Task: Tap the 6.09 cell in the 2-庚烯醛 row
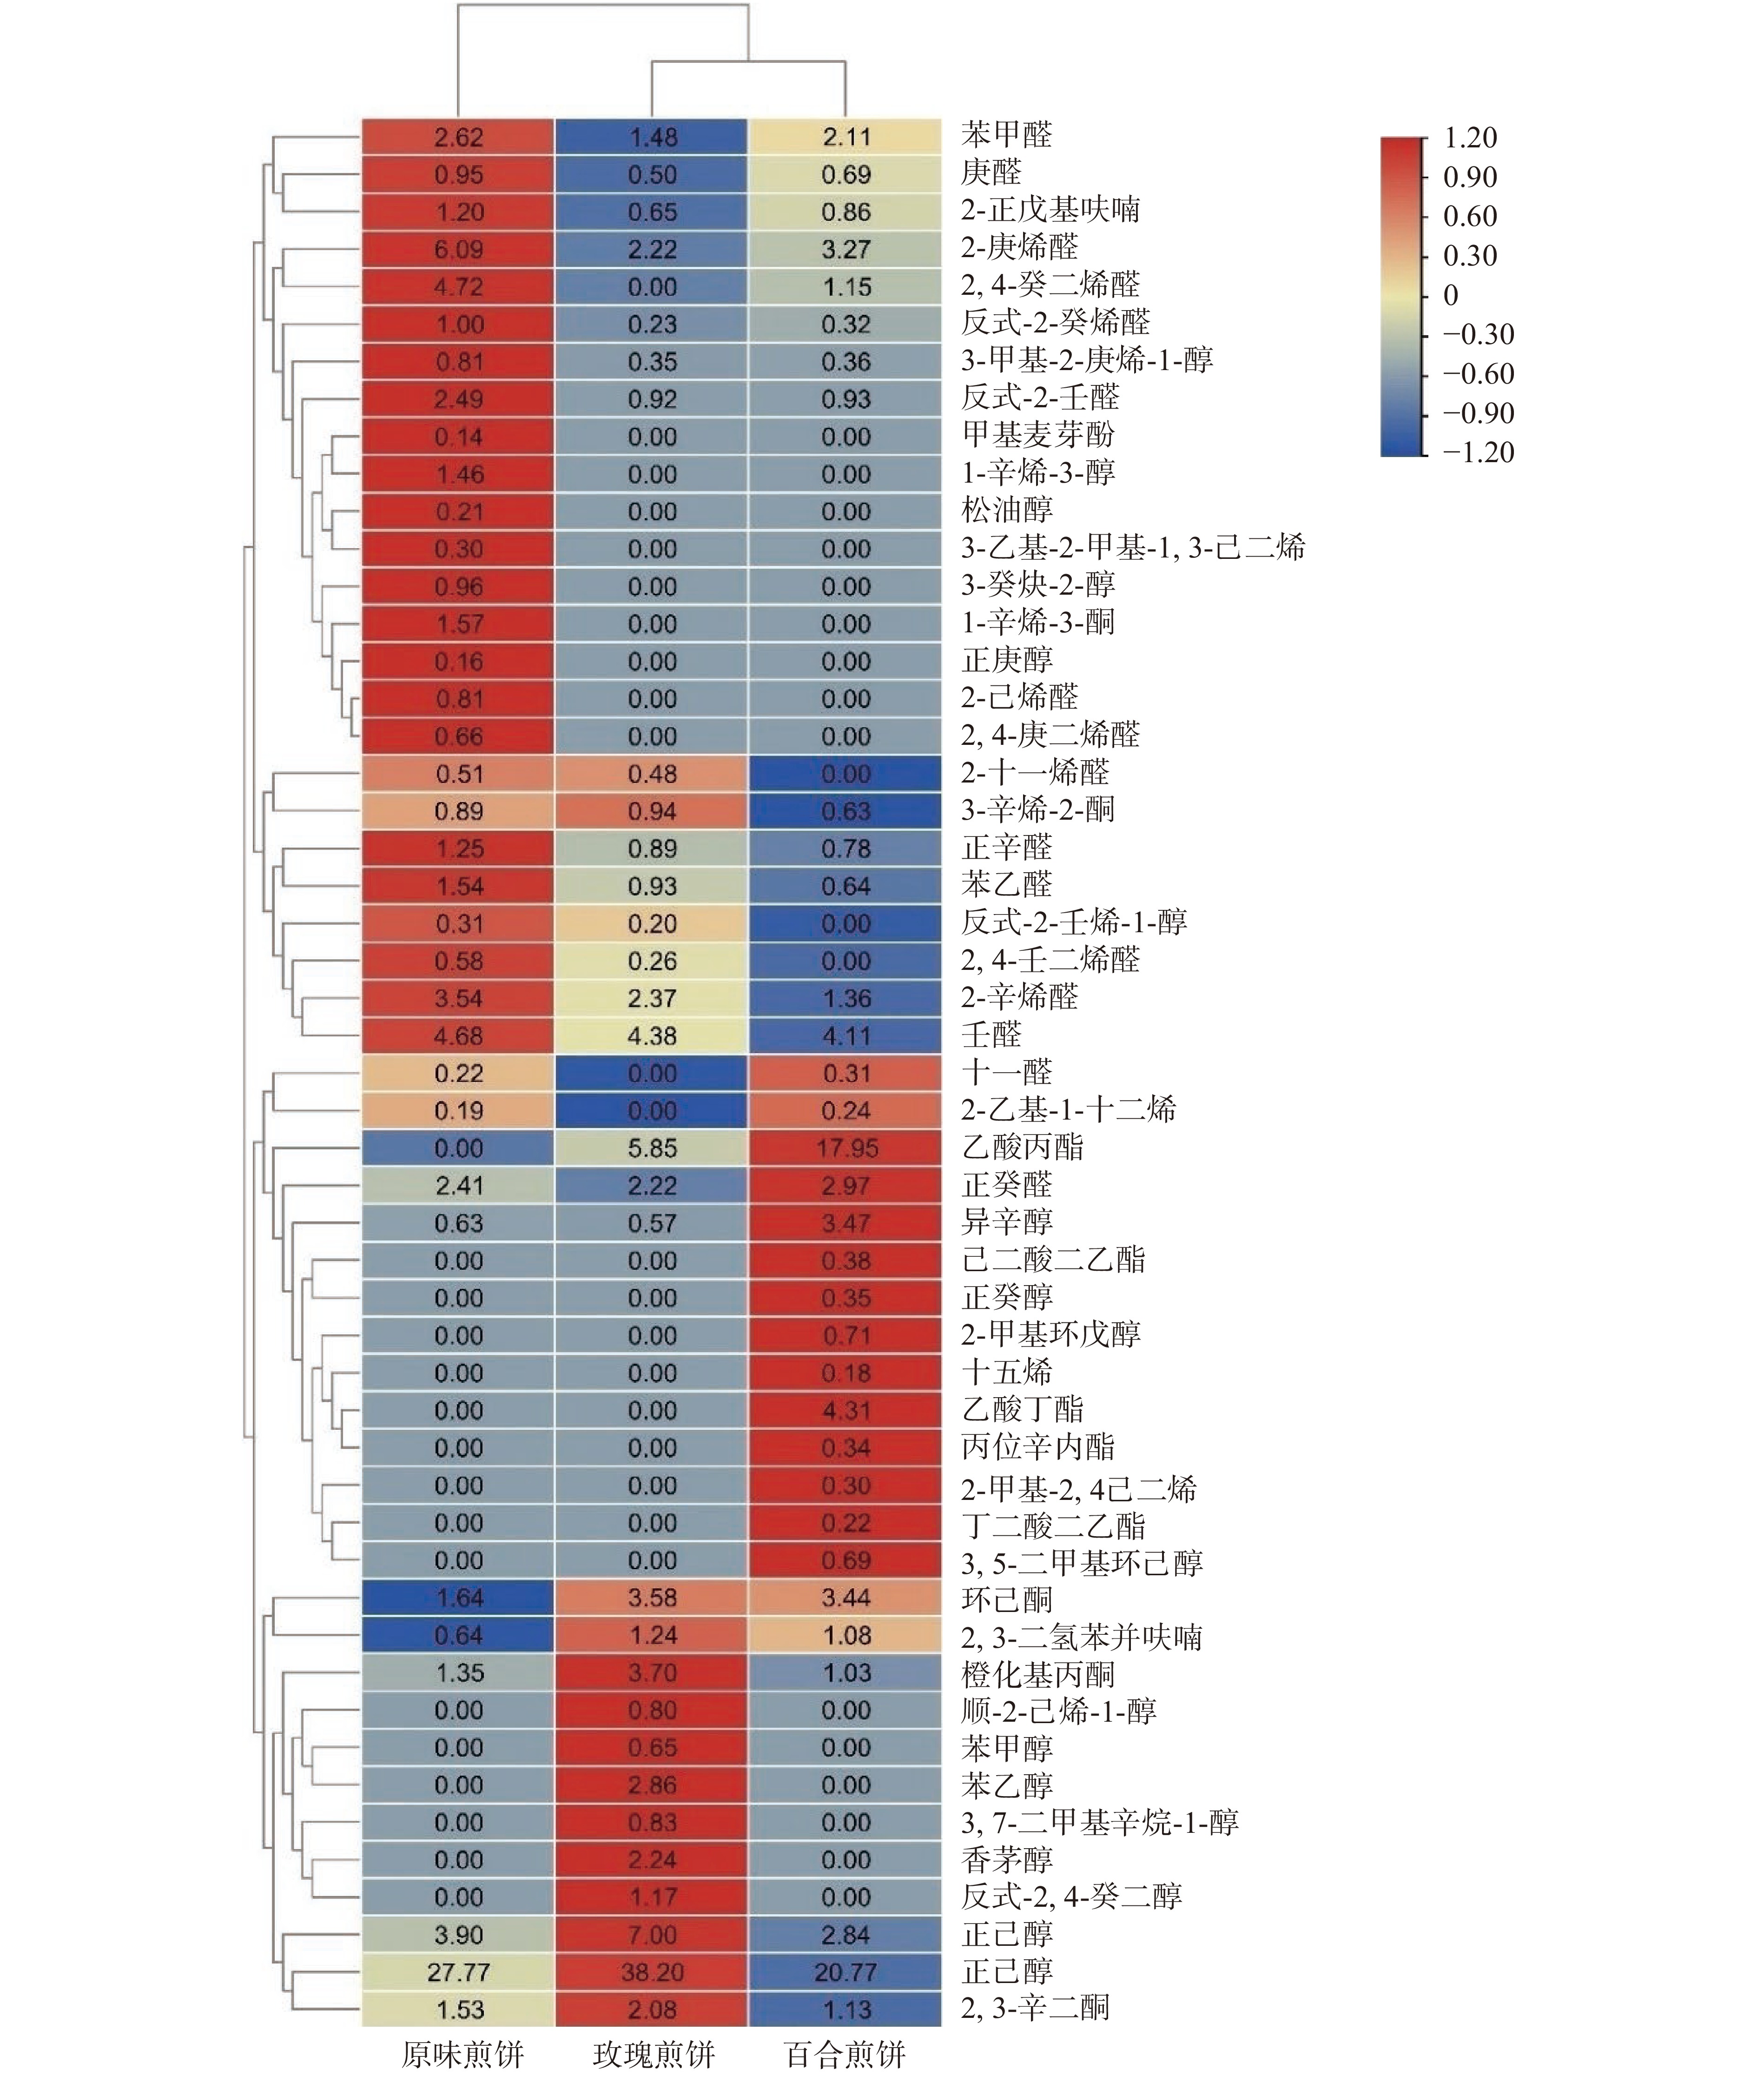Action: click(458, 249)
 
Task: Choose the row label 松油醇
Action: click(1006, 510)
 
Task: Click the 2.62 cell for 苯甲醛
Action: click(458, 137)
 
